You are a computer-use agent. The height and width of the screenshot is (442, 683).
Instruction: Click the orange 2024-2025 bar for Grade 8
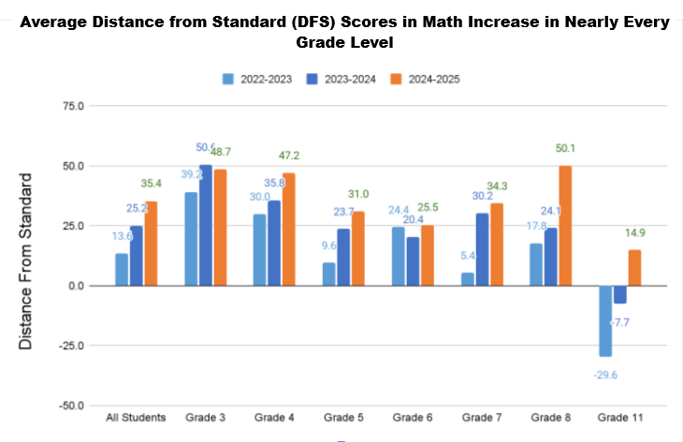pyautogui.click(x=566, y=226)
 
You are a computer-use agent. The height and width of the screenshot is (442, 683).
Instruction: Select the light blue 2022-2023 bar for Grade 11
pyautogui.click(x=606, y=320)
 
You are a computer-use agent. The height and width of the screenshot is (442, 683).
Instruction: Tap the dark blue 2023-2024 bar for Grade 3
pyautogui.click(x=206, y=225)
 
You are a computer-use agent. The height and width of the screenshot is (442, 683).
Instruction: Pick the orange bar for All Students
pyautogui.click(x=151, y=243)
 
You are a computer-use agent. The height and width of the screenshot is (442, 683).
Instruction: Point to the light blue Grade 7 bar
pyautogui.click(x=468, y=279)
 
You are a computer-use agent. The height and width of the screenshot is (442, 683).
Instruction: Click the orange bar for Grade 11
pyautogui.click(x=634, y=268)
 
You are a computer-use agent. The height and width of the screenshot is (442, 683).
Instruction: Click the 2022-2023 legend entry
pyautogui.click(x=258, y=79)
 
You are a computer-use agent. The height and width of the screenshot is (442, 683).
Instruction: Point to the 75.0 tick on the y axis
pyautogui.click(x=71, y=106)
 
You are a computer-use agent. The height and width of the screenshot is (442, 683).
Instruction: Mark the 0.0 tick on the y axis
pyautogui.click(x=74, y=286)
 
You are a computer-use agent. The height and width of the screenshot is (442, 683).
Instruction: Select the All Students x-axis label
pyautogui.click(x=136, y=417)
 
